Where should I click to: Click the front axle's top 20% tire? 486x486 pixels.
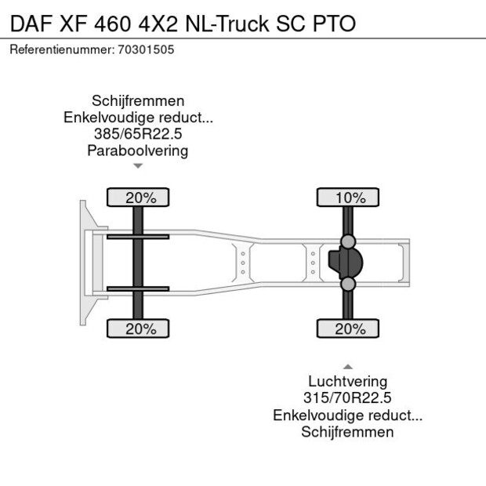pyautogui.click(x=138, y=198)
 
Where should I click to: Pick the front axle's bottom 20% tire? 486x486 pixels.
pyautogui.click(x=138, y=329)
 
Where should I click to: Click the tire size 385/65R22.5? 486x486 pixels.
pyautogui.click(x=138, y=134)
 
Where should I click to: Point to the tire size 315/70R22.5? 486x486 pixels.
pyautogui.click(x=346, y=398)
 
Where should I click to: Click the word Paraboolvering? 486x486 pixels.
pyautogui.click(x=138, y=151)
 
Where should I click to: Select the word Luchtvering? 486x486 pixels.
pyautogui.click(x=346, y=382)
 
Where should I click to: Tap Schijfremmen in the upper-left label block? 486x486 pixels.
pyautogui.click(x=138, y=101)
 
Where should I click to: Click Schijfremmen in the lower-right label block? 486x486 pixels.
pyautogui.click(x=346, y=432)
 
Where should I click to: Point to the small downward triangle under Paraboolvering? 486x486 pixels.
pyautogui.click(x=138, y=166)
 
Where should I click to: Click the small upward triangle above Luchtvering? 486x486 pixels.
pyautogui.click(x=347, y=366)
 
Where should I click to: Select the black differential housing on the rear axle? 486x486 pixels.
pyautogui.click(x=339, y=263)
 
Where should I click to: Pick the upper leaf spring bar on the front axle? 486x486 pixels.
pyautogui.click(x=138, y=237)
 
